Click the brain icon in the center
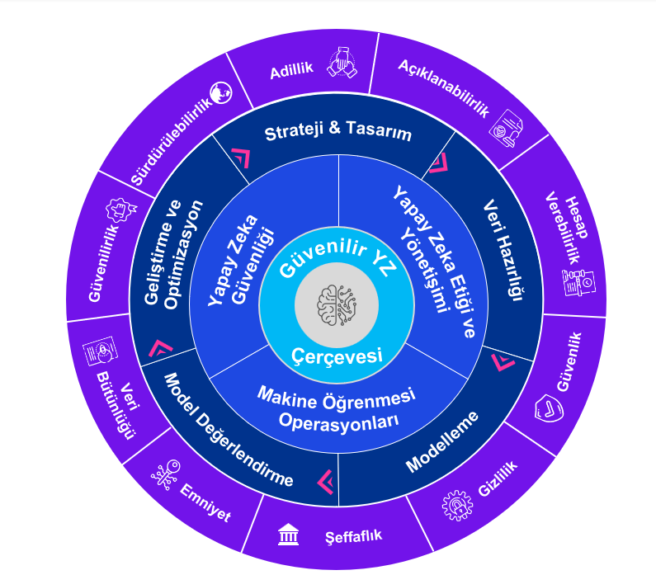(x=337, y=305)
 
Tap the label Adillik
(x=291, y=71)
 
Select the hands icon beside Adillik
(x=342, y=63)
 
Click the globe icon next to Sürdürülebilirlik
(x=220, y=92)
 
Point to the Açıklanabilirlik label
(x=443, y=88)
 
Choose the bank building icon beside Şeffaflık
(x=288, y=535)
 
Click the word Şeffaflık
(x=353, y=536)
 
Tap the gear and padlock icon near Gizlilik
(x=457, y=505)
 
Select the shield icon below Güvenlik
(x=549, y=408)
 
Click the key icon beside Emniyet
(x=166, y=475)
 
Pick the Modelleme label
(x=442, y=441)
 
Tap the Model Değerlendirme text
(x=229, y=431)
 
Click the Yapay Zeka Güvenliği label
(x=241, y=261)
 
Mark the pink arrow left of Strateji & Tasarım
(x=242, y=158)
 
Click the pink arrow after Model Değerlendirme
(x=325, y=482)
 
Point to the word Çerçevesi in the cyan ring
(x=337, y=356)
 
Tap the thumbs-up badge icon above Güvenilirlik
(x=120, y=210)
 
